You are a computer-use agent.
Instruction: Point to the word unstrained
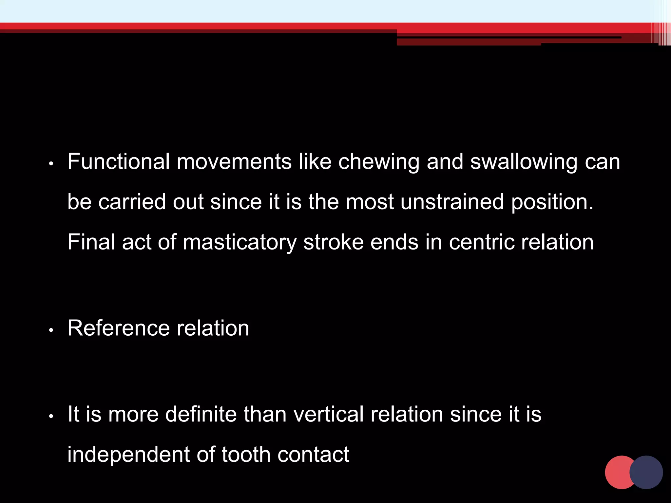(452, 202)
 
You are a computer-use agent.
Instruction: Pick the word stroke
(333, 242)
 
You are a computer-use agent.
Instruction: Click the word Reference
(119, 328)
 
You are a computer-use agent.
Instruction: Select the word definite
(201, 414)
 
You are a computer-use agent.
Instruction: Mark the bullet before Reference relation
(51, 330)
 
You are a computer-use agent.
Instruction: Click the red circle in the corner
(617, 472)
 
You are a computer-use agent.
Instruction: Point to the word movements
(234, 162)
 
